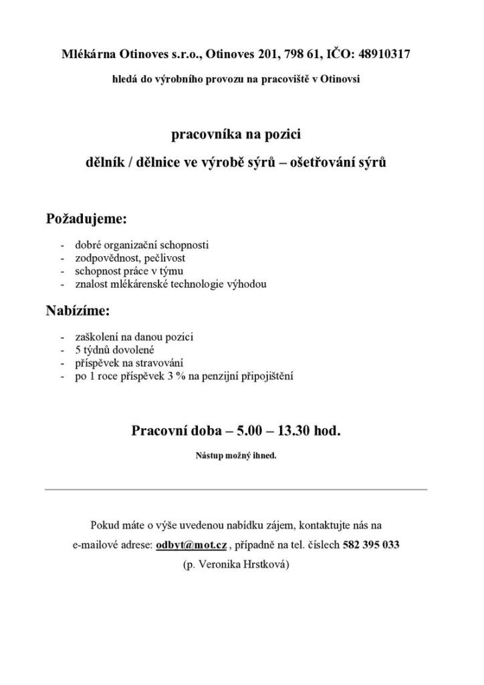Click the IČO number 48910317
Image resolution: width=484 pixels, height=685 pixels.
click(x=384, y=54)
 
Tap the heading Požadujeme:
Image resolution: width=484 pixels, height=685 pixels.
click(x=86, y=219)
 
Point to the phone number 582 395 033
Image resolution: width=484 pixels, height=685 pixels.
click(x=371, y=545)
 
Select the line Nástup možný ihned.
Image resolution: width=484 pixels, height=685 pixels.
click(x=236, y=456)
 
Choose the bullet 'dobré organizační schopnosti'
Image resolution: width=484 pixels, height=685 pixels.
click(x=142, y=245)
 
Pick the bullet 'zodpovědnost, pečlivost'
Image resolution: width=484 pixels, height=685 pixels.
click(x=130, y=258)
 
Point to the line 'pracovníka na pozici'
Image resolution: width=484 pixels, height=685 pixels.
click(x=236, y=135)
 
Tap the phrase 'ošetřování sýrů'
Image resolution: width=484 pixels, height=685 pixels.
click(x=344, y=162)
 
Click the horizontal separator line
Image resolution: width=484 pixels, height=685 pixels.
click(x=236, y=489)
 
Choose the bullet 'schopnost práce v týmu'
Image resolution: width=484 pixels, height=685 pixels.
click(x=129, y=271)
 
